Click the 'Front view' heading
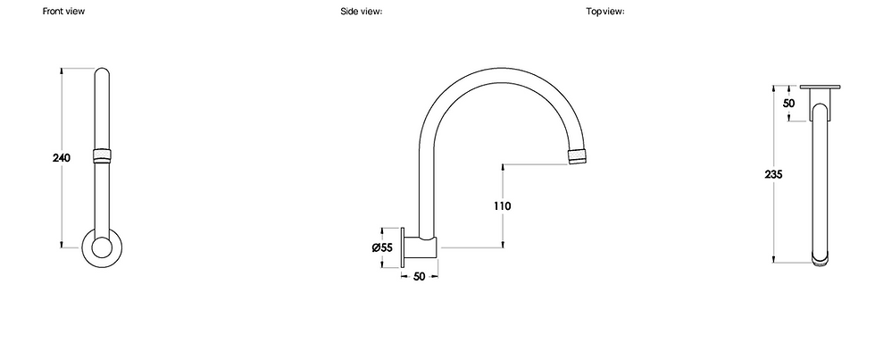pyautogui.click(x=64, y=12)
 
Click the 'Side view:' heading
pyautogui.click(x=362, y=12)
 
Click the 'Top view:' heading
pyautogui.click(x=604, y=12)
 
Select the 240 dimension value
pyautogui.click(x=62, y=157)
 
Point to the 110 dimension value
pyautogui.click(x=502, y=205)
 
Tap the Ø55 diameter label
pyautogui.click(x=383, y=247)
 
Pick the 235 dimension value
pyautogui.click(x=773, y=175)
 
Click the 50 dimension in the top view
pyautogui.click(x=788, y=104)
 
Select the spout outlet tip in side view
pyautogui.click(x=579, y=157)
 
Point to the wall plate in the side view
pyautogui.click(x=405, y=247)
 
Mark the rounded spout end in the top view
pyautogui.click(x=821, y=259)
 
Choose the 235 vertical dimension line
pyautogui.click(x=773, y=223)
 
